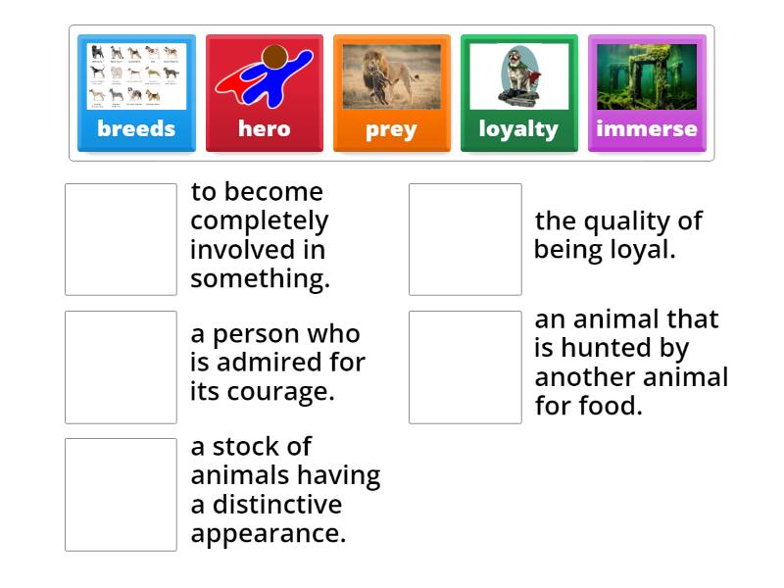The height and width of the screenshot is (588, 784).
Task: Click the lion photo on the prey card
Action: click(x=391, y=76)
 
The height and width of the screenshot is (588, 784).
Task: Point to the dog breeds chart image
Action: click(x=136, y=76)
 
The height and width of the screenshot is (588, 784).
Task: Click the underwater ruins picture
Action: click(x=647, y=76)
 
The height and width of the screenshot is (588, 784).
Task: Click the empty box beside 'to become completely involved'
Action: click(x=121, y=239)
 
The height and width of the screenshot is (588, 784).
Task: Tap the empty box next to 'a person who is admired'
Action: click(x=121, y=367)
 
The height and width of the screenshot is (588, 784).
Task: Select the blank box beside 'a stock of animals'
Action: click(x=121, y=494)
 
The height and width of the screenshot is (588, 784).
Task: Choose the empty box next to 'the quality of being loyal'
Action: click(x=465, y=239)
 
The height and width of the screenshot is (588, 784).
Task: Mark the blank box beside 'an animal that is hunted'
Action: click(x=465, y=367)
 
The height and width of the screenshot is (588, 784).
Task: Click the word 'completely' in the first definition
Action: click(x=259, y=220)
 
